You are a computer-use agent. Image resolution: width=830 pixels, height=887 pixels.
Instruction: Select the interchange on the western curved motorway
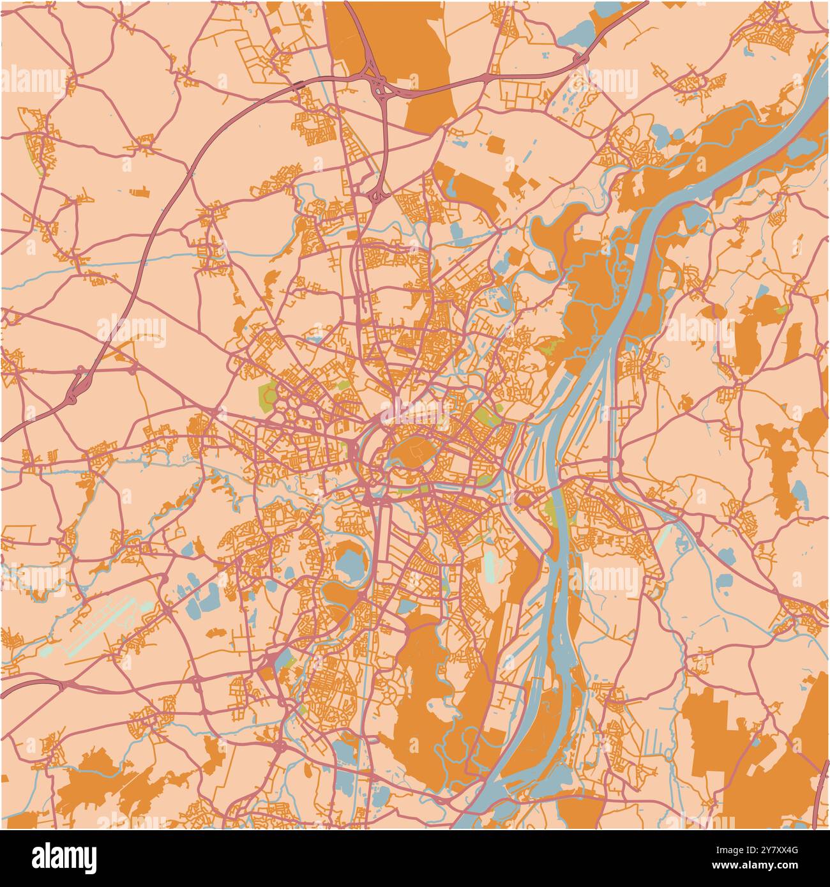74,390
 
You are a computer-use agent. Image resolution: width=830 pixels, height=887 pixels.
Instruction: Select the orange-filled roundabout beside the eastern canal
525,499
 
